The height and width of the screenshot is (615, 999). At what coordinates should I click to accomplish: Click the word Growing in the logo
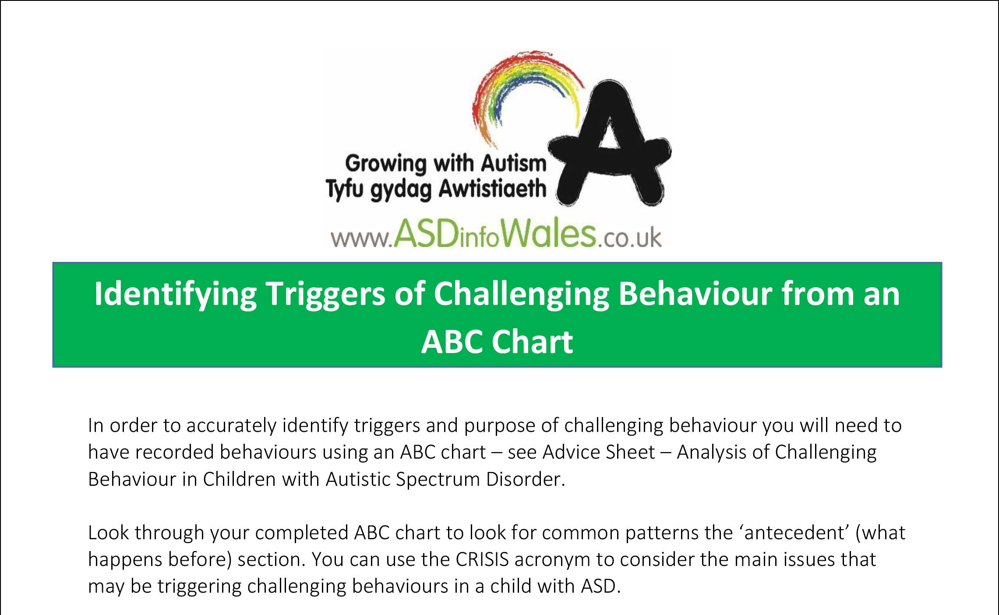pyautogui.click(x=385, y=165)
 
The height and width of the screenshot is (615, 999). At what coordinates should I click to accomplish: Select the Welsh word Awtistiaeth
pyautogui.click(x=492, y=190)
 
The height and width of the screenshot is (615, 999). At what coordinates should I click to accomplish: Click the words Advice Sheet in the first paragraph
pyautogui.click(x=599, y=452)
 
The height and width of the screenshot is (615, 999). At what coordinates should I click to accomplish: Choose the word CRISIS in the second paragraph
pyautogui.click(x=482, y=560)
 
